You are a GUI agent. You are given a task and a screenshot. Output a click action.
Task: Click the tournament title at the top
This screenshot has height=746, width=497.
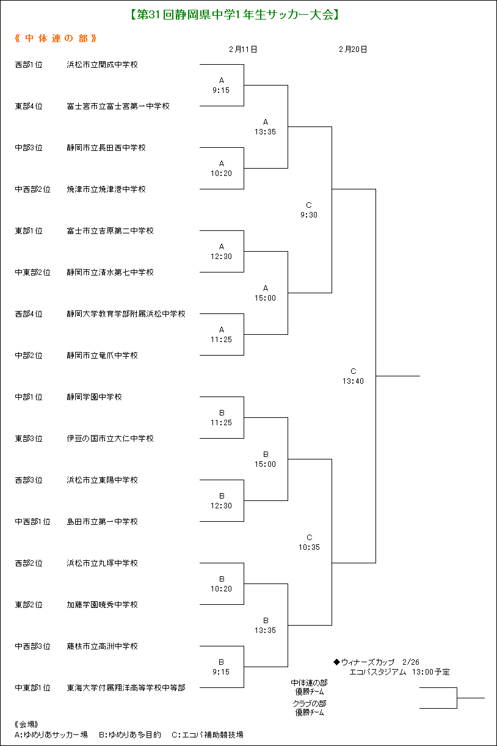pyautogui.click(x=234, y=15)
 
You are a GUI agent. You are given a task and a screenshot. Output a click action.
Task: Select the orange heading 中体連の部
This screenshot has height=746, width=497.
pyautogui.click(x=56, y=38)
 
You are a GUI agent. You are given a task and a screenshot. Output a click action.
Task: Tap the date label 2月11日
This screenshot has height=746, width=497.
pyautogui.click(x=243, y=49)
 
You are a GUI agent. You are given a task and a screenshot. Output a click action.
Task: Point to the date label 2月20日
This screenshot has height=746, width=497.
pyautogui.click(x=353, y=49)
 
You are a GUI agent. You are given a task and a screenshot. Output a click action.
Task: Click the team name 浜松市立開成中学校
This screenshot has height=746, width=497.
pyautogui.click(x=102, y=65)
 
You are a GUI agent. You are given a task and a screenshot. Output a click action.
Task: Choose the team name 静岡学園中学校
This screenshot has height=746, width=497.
pyautogui.click(x=94, y=397)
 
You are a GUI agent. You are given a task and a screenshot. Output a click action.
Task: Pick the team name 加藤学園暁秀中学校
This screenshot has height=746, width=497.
pyautogui.click(x=102, y=605)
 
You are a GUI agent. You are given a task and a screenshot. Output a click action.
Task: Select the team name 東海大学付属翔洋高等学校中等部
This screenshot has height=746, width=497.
pyautogui.click(x=126, y=688)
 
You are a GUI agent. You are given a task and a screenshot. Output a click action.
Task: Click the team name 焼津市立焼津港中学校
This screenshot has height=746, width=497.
pyautogui.click(x=106, y=189)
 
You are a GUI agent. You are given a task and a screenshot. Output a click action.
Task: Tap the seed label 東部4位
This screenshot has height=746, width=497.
pyautogui.click(x=29, y=106)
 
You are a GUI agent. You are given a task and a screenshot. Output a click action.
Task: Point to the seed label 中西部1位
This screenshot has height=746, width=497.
pyautogui.click(x=32, y=522)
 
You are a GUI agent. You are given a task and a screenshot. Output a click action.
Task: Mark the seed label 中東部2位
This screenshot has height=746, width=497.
pyautogui.click(x=32, y=272)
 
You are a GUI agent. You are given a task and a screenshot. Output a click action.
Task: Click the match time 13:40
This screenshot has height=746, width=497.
pyautogui.click(x=353, y=381)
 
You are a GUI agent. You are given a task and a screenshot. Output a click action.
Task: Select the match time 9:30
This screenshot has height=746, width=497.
pyautogui.click(x=309, y=215)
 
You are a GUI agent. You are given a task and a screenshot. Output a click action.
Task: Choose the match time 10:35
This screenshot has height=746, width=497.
pyautogui.click(x=309, y=547)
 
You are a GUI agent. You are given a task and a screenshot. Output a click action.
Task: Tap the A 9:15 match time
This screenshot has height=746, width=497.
pyautogui.click(x=221, y=86)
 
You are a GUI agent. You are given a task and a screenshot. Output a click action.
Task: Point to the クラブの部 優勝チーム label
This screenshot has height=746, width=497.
pyautogui.click(x=310, y=708)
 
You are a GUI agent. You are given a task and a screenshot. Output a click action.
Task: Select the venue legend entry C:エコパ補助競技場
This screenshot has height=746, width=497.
pyautogui.click(x=208, y=734)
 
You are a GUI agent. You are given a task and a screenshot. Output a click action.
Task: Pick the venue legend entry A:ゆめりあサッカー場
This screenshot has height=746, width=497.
pyautogui.click(x=51, y=734)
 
